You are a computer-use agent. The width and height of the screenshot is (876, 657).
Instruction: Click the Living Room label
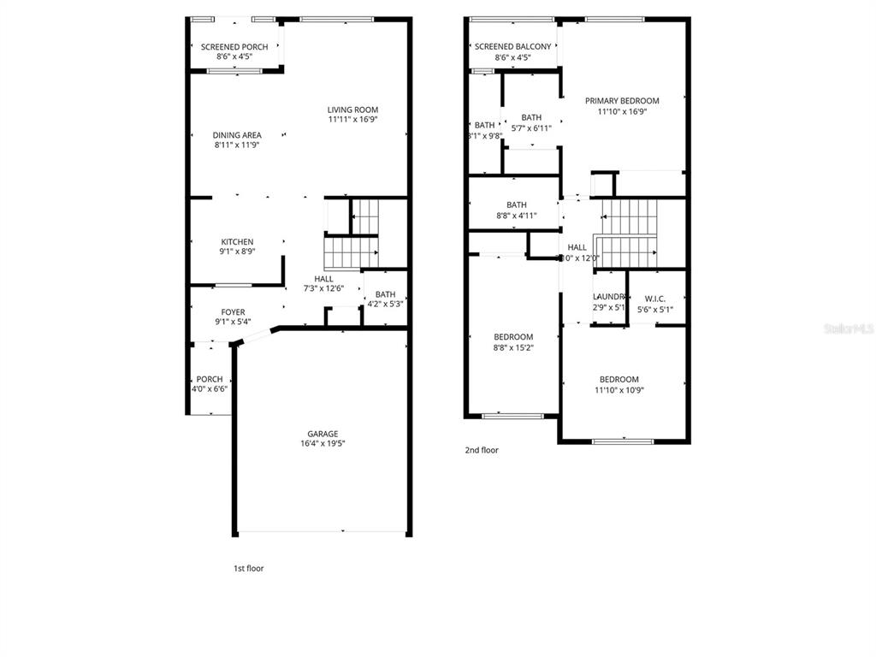click(x=352, y=109)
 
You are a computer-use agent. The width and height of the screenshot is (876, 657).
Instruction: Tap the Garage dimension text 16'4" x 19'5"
click(x=323, y=443)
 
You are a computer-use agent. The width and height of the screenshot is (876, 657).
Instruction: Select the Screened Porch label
click(x=234, y=47)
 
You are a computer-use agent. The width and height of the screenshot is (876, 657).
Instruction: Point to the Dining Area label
click(x=237, y=135)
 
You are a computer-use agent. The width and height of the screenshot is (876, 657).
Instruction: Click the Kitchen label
click(x=237, y=242)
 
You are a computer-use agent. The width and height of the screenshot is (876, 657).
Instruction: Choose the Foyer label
click(x=233, y=312)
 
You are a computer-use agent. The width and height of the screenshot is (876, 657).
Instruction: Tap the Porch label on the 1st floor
click(x=210, y=379)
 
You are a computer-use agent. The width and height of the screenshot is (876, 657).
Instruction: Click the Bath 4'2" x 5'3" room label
click(x=385, y=294)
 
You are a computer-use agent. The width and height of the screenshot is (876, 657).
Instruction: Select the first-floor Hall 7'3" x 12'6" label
click(x=323, y=279)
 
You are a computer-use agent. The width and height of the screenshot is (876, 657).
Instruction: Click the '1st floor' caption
click(x=249, y=568)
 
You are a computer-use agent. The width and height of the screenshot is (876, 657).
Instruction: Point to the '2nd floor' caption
click(x=482, y=450)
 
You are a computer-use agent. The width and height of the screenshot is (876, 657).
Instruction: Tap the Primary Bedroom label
click(x=622, y=101)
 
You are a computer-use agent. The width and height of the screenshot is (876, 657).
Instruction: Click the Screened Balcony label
click(x=512, y=47)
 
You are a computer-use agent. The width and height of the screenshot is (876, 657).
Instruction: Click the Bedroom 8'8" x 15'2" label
click(x=512, y=337)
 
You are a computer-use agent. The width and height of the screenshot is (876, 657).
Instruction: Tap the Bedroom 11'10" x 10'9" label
click(x=619, y=380)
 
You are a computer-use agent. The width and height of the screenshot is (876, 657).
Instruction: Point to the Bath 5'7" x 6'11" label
click(x=531, y=118)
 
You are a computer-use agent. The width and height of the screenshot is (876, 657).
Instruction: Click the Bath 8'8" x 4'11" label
click(x=516, y=205)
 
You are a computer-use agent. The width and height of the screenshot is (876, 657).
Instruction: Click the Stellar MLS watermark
click(x=849, y=328)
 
